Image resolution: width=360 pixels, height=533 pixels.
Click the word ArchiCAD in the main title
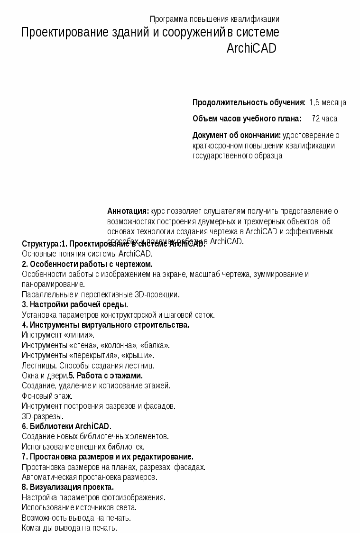[x=251, y=48]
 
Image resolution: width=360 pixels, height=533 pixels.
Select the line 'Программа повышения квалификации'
[x=214, y=19]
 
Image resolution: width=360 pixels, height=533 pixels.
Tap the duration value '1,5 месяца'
[x=328, y=102]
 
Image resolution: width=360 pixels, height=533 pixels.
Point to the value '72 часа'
[x=324, y=119]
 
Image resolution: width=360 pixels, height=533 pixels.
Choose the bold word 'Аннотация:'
[x=128, y=211]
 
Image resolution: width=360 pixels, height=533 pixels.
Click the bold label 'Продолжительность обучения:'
[x=249, y=102]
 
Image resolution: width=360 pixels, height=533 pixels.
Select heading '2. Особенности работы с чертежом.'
[x=87, y=264]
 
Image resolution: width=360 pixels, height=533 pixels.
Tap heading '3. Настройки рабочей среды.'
[x=75, y=304]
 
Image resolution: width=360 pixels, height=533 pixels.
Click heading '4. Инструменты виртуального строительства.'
[x=105, y=325]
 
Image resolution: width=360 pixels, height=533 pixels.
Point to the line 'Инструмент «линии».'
[x=58, y=335]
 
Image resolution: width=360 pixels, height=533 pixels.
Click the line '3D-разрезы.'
[x=43, y=416]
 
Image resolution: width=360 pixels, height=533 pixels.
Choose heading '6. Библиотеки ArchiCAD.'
[x=66, y=426]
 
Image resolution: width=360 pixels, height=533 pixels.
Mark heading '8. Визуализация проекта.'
[x=68, y=487]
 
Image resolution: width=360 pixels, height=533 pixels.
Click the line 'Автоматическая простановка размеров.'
[x=90, y=477]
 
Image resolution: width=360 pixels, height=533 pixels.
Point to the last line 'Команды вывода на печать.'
[x=69, y=528]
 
